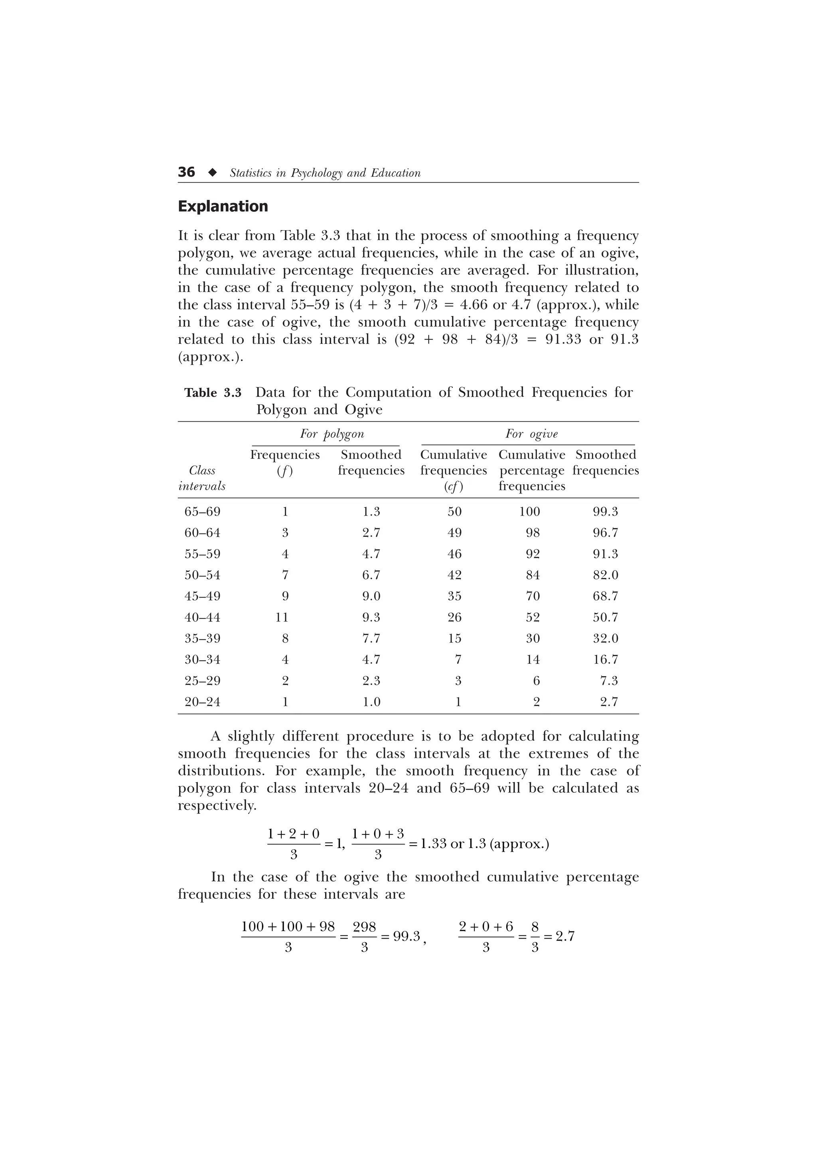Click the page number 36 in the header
[x=186, y=172]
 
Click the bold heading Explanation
[x=223, y=207]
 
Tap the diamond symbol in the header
[x=213, y=173]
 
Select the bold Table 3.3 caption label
[x=213, y=393]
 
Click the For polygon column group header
[x=332, y=434]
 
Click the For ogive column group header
[x=531, y=434]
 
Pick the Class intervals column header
[x=202, y=478]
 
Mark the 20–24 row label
[x=202, y=702]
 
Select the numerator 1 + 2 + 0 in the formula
[x=294, y=834]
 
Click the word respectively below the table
[x=217, y=806]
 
